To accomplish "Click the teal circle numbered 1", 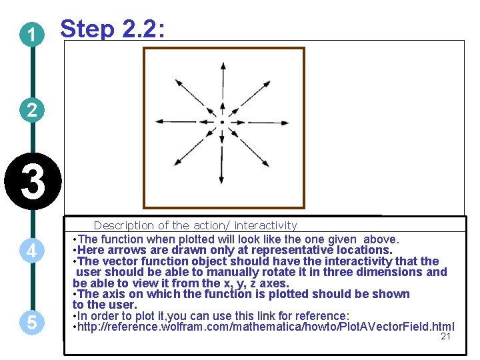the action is tap(32, 35).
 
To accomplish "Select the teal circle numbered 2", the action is tap(32, 110).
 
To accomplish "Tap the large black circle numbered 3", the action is tap(33, 181).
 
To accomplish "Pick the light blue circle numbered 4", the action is tap(32, 251).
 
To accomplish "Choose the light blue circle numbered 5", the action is tap(32, 322).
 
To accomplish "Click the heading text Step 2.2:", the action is tap(113, 29).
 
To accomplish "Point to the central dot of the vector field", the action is tap(222, 122).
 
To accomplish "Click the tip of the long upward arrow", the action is tap(223, 63).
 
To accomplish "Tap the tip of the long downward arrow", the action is tap(221, 184).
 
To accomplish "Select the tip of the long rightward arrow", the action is tap(289, 123).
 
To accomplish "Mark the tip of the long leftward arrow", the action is tap(155, 121).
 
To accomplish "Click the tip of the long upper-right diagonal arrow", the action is tap(271, 81).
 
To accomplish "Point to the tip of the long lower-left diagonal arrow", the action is tap(174, 165).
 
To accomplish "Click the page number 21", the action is tap(445, 336).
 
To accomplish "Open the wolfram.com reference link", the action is tap(266, 327).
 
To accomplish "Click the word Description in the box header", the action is tap(124, 225).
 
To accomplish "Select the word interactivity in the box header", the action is tap(265, 225).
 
